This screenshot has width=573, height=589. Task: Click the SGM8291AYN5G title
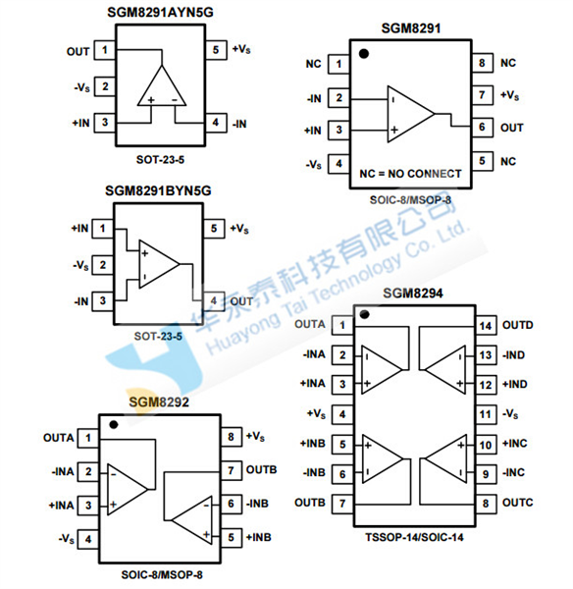160,13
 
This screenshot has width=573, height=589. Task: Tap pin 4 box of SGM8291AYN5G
216,123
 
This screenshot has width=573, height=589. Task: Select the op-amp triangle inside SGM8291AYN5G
162,85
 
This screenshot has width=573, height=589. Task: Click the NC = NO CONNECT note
410,174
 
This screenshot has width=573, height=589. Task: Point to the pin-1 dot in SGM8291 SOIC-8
363,54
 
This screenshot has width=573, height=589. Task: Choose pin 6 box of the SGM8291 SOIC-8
482,128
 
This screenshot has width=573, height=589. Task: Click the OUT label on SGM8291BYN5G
241,301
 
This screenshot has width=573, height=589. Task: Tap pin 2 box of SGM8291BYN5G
102,265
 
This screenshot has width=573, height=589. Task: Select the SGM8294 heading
413,293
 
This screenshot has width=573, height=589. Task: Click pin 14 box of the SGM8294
486,326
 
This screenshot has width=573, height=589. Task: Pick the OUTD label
518,325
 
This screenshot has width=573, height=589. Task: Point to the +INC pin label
515,444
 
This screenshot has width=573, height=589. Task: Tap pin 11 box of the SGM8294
486,414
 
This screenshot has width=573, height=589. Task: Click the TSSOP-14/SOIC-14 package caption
415,537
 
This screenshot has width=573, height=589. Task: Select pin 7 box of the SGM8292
231,470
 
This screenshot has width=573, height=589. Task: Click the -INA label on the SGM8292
63,471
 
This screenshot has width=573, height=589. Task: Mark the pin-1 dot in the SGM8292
114,425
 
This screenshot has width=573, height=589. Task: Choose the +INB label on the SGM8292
258,537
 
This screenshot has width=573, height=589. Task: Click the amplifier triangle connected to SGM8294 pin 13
445,370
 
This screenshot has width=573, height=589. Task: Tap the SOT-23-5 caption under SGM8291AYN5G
160,160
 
